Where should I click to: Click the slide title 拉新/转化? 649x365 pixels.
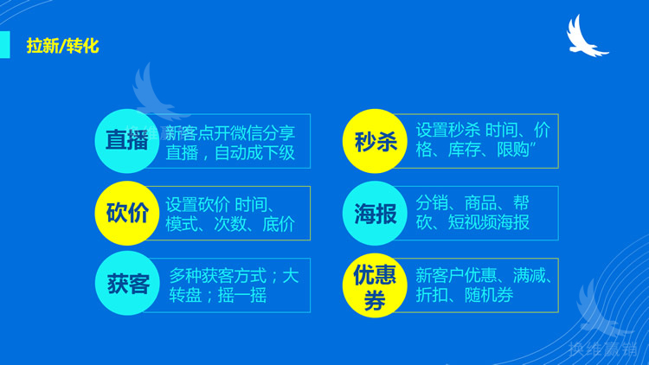62,45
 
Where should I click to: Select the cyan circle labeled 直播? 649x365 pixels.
127,141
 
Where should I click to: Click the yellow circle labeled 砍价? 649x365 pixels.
127,213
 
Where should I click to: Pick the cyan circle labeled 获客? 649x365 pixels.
127,284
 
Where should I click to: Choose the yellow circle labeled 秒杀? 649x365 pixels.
376,141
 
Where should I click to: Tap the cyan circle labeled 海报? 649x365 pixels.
376,213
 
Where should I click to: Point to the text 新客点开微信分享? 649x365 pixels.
229,133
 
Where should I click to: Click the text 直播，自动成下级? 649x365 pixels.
229,153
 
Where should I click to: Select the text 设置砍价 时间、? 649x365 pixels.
220,205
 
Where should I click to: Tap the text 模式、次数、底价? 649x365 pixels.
229,225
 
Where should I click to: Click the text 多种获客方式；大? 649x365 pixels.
234,276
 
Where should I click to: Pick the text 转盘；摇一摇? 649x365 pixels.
217,296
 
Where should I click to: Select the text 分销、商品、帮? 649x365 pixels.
472,203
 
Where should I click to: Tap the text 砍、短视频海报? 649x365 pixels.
472,223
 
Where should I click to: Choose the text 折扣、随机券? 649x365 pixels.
464,295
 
